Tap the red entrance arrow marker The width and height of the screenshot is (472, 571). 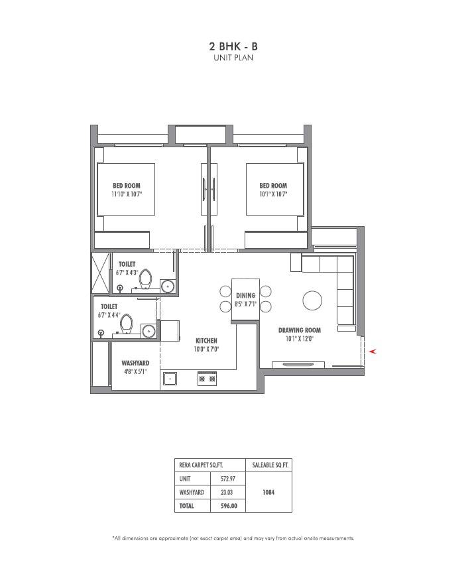point(373,351)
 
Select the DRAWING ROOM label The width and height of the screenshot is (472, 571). point(300,330)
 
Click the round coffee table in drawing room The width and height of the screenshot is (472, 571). point(312,300)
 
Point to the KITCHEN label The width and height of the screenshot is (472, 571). point(206,340)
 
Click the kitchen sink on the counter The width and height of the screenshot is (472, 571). point(171,379)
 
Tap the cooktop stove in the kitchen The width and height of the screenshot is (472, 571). point(206,379)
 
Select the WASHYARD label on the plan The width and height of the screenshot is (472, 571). point(135,363)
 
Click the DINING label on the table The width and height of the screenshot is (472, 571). point(245,296)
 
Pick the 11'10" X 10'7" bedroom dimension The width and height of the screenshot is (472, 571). point(127,195)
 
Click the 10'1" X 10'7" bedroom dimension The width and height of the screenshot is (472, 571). point(273,195)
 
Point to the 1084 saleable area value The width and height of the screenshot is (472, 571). point(268,492)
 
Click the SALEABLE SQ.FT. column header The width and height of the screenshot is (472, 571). point(268,464)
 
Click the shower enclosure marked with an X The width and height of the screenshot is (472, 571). point(100,273)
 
